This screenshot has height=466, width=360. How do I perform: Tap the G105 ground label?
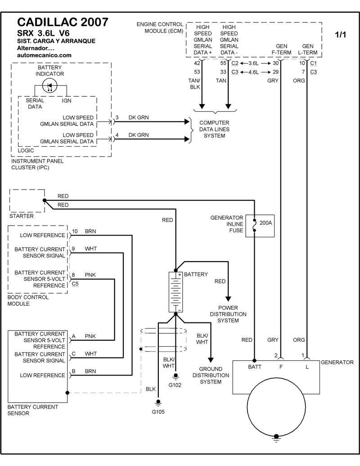pos(158,411)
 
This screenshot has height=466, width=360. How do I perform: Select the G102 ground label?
pos(175,385)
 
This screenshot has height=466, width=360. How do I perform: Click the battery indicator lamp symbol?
pos(50,86)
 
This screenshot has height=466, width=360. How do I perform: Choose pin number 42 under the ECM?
pos(197,63)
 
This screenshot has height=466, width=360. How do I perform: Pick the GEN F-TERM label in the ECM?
pos(281,49)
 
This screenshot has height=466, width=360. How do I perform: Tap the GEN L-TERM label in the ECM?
pos(308,49)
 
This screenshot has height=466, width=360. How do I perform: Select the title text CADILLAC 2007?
pos(63,22)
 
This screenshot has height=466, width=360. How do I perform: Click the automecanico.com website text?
pos(44,55)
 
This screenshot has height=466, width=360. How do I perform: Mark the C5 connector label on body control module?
pos(75,284)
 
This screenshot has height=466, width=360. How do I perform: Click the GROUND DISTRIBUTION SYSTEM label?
pos(211,375)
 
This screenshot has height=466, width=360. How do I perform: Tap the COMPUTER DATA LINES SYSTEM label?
pos(214,129)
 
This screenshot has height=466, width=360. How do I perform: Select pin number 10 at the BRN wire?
pos(75,231)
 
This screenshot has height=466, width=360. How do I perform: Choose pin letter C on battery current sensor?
pos(73,353)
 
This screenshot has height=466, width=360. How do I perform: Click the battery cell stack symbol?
pos(175,292)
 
